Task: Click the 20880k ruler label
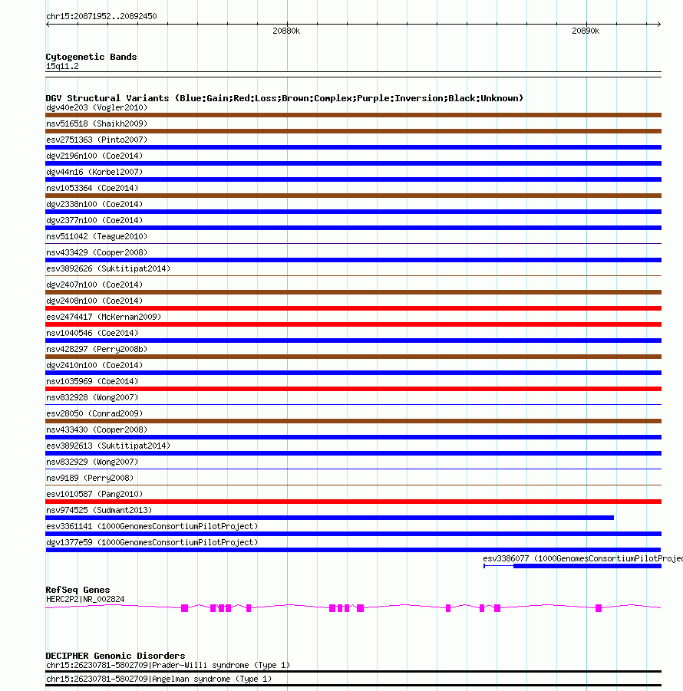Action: pyautogui.click(x=286, y=31)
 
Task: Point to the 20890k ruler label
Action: pyautogui.click(x=586, y=31)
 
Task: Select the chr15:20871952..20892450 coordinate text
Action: pyautogui.click(x=101, y=16)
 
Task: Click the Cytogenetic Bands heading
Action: pyautogui.click(x=91, y=57)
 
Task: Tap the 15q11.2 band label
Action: pyautogui.click(x=62, y=66)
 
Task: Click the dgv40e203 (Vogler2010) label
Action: pyautogui.click(x=97, y=107)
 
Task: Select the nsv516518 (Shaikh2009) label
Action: pyautogui.click(x=97, y=123)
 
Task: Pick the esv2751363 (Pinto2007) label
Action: pyautogui.click(x=97, y=140)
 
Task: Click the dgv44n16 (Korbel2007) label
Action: pyautogui.click(x=94, y=172)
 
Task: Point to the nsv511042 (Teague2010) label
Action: pyautogui.click(x=97, y=236)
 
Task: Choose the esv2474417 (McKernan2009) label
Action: pyautogui.click(x=104, y=317)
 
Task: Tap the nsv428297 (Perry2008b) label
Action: pyautogui.click(x=97, y=349)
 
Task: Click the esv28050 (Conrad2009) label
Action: pyautogui.click(x=94, y=413)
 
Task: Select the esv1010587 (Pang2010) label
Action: pyautogui.click(x=94, y=494)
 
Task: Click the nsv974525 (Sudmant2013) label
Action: pyautogui.click(x=99, y=510)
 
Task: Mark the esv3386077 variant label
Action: pyautogui.click(x=582, y=558)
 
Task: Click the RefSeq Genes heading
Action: pyautogui.click(x=78, y=590)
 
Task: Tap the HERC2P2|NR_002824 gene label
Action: pyautogui.click(x=85, y=599)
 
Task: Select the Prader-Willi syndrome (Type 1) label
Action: pyautogui.click(x=220, y=665)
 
